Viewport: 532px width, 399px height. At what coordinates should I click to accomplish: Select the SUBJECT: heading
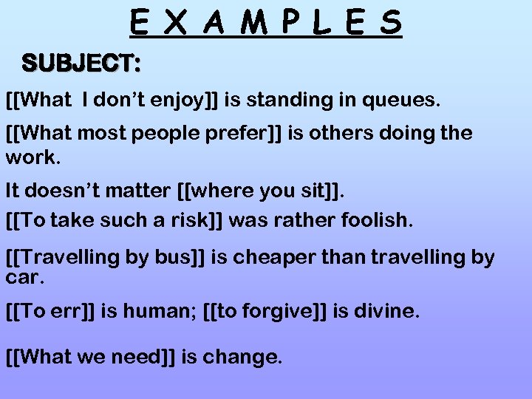pos(81,64)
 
